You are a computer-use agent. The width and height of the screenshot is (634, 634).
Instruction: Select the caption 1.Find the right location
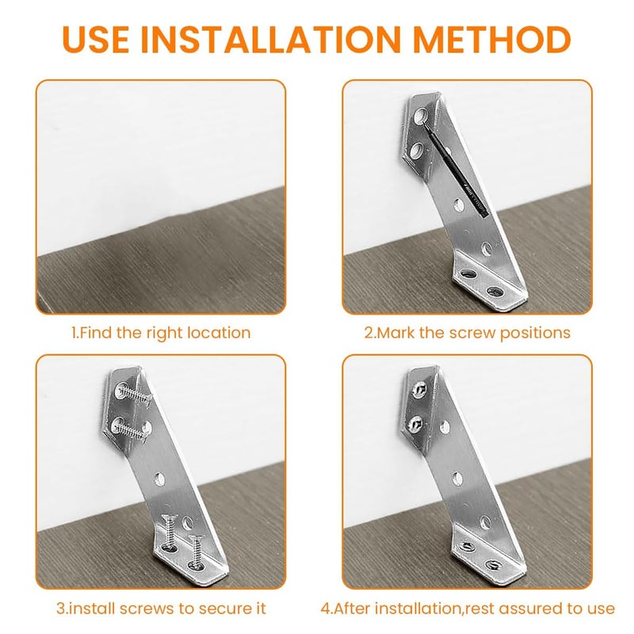(x=161, y=333)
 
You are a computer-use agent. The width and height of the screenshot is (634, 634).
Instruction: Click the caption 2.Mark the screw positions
(x=467, y=333)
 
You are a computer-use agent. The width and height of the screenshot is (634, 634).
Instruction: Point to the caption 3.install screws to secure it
(x=161, y=609)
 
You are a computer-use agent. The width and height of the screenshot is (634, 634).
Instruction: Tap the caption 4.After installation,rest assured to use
(x=467, y=609)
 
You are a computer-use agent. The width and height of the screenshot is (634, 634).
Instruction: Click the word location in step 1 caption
(x=222, y=333)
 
